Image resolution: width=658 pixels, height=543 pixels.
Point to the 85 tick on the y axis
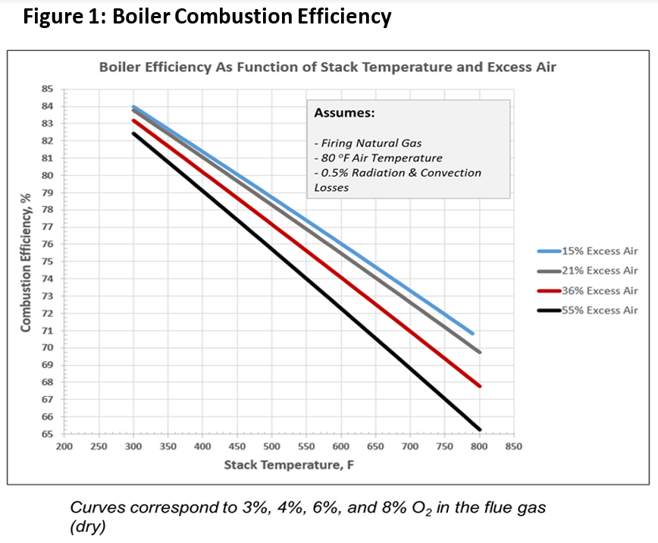(46, 89)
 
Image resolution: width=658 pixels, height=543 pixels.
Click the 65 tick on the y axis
(46, 435)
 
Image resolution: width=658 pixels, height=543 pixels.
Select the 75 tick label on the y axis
(46, 262)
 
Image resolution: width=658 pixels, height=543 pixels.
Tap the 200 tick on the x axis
(64, 447)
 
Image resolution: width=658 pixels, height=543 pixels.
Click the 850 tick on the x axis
(513, 447)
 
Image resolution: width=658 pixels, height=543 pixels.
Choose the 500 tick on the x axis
(271, 447)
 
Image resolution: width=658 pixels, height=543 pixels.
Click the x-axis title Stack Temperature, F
(289, 464)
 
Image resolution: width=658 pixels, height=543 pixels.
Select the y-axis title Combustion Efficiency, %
(26, 262)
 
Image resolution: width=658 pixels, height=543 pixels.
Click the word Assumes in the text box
(344, 113)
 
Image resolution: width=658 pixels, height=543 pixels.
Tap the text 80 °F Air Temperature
(378, 158)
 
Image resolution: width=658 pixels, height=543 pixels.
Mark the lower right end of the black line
(479, 428)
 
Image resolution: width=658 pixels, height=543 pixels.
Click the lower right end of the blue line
(472, 333)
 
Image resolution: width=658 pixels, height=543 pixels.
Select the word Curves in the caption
(96, 508)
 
